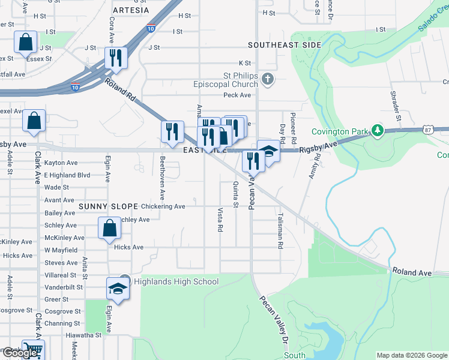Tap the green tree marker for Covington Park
(x=377, y=130)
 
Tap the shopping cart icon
(x=33, y=349)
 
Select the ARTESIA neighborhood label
(x=130, y=10)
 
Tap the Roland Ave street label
(x=412, y=272)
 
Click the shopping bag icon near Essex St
(x=26, y=42)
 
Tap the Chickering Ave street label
(x=164, y=206)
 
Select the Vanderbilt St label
(x=62, y=287)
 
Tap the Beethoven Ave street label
(x=162, y=178)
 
